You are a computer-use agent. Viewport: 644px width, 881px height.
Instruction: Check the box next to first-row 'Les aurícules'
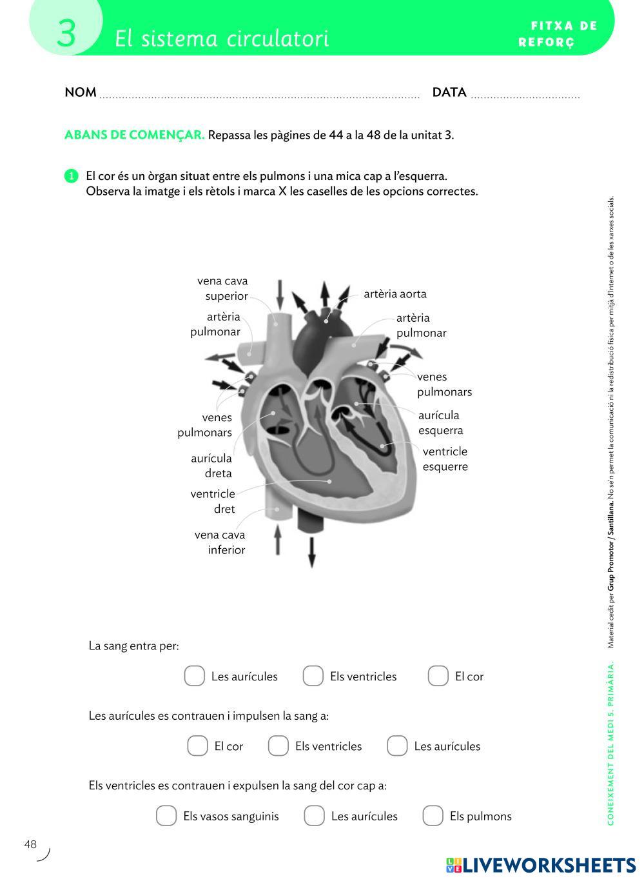(x=195, y=676)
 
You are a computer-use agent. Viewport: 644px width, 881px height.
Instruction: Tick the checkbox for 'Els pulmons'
(x=433, y=815)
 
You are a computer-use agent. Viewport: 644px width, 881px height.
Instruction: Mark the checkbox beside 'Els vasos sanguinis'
(x=166, y=815)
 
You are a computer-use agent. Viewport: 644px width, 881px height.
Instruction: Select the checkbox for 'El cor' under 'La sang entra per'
(x=438, y=676)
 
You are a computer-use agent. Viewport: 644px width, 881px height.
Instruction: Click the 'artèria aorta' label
(x=395, y=294)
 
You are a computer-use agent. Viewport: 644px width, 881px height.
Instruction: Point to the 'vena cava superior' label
(x=222, y=288)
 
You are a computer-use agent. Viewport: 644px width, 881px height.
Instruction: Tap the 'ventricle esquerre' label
(x=445, y=459)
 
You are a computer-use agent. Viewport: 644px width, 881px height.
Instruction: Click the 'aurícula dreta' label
(x=211, y=466)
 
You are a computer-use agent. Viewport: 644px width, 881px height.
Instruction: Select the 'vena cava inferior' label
(x=220, y=542)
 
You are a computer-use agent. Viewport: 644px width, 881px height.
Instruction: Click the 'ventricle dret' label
(x=213, y=501)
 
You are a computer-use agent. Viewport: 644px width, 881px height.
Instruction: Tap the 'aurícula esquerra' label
(x=440, y=422)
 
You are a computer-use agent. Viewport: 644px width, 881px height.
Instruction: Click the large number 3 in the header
(x=66, y=34)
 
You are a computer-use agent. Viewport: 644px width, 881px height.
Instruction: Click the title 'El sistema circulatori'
(x=222, y=39)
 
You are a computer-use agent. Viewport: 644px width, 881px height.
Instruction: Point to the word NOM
(x=81, y=92)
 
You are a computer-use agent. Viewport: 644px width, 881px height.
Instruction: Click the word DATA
(x=449, y=92)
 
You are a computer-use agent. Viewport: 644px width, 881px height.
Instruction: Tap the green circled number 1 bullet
(x=72, y=176)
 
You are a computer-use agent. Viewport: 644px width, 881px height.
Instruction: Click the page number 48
(x=31, y=844)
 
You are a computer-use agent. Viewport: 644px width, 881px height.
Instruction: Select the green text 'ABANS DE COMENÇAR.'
(x=134, y=135)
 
